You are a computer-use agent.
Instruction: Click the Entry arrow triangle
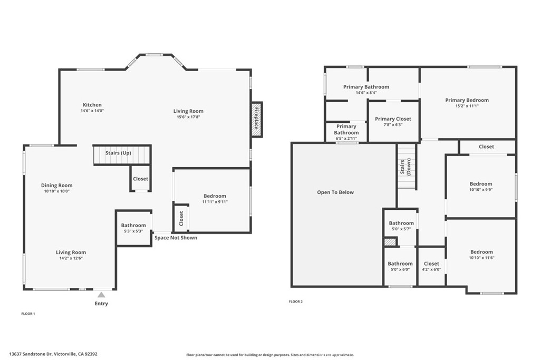point(101,295)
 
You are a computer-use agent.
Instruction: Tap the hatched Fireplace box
point(257,120)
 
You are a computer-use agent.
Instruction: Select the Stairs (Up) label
point(118,153)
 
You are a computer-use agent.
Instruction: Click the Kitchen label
point(92,105)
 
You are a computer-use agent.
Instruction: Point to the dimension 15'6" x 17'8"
point(188,117)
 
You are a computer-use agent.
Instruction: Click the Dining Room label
point(57,185)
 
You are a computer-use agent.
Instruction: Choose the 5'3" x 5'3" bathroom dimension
point(133,231)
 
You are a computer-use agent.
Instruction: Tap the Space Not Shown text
point(176,238)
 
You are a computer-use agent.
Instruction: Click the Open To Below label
point(335,192)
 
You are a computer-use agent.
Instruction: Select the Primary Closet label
point(393,119)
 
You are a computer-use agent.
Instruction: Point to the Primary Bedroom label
point(467,100)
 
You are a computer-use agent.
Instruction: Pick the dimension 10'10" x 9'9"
point(481,190)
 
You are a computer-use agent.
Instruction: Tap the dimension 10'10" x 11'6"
point(482,258)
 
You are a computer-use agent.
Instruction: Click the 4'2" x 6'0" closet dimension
point(431,269)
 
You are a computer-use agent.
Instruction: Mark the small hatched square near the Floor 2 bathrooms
point(390,242)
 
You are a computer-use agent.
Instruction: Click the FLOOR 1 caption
point(28,314)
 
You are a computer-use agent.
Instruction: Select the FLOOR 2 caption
point(296,301)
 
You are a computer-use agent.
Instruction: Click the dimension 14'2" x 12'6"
point(71,258)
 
